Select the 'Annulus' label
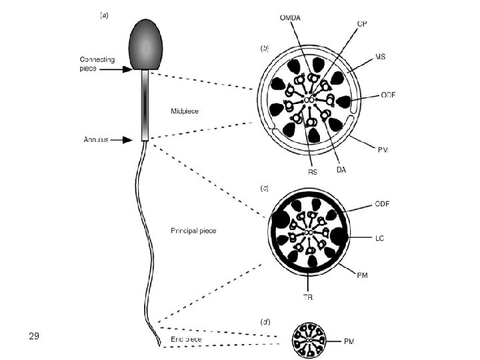pos(96,140)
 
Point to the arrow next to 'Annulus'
pos(129,140)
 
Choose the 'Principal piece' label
pos(193,231)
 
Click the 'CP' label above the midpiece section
pos(362,24)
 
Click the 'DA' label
pos(341,171)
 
